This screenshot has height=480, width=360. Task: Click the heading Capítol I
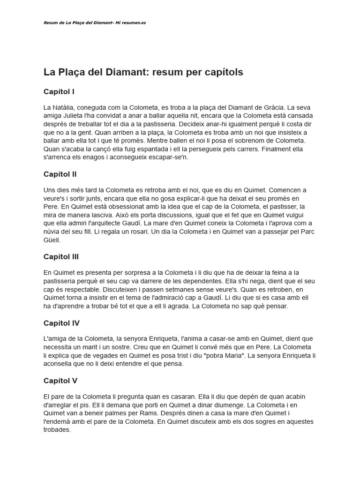coord(59,91)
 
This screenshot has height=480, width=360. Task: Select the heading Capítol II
coord(60,174)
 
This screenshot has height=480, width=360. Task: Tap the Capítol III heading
coord(61,257)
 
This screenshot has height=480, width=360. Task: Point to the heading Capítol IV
coord(61,323)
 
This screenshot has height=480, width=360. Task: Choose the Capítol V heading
coord(60,381)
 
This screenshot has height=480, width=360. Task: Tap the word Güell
coord(52,240)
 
